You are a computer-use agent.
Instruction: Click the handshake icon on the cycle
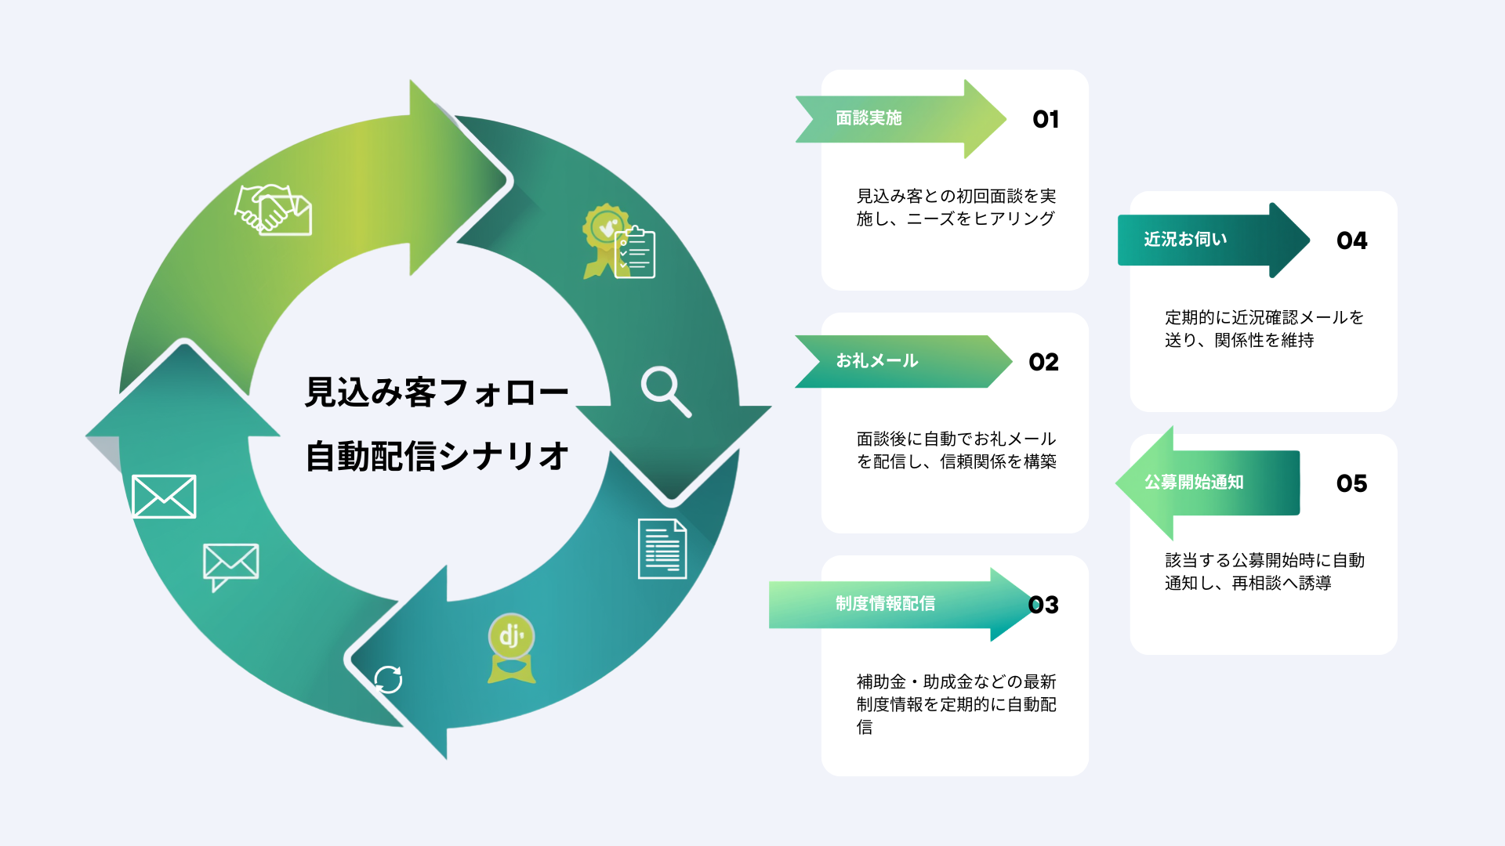273,210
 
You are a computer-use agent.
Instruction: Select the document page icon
662,548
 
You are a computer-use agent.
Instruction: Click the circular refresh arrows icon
388,679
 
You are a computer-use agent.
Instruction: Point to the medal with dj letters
512,647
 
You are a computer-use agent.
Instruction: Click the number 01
1046,119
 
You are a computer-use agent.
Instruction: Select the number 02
1043,362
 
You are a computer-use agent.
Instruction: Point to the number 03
1043,605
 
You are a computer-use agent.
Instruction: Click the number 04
1351,240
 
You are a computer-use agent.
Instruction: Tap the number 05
1351,483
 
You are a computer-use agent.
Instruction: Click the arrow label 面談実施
869,118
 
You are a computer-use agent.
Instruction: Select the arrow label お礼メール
876,361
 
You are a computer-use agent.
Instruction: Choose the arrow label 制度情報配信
885,604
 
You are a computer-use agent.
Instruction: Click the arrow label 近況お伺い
1185,240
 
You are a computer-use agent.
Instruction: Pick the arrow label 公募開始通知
1194,483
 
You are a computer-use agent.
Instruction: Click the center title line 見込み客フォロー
437,392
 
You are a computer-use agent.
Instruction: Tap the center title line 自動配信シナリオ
437,456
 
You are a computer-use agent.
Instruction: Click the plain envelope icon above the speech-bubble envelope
164,496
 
